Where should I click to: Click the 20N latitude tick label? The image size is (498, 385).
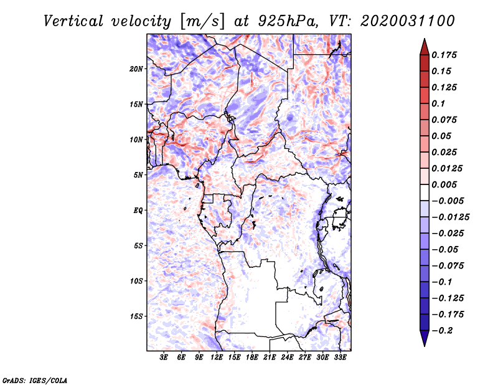click(136, 69)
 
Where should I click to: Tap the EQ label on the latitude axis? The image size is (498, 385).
click(138, 211)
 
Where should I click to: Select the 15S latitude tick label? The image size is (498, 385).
click(136, 316)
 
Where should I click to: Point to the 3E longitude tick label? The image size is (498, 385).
click(164, 358)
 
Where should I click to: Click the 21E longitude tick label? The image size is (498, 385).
click(270, 358)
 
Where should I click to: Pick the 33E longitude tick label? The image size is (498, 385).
click(340, 358)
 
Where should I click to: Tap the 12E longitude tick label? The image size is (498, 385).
click(217, 358)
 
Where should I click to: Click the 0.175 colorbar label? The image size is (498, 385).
click(444, 55)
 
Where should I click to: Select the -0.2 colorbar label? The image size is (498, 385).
click(442, 331)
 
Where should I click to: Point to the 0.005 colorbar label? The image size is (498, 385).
click(444, 184)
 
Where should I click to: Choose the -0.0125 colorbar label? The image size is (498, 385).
click(450, 217)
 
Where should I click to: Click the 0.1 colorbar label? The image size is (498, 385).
click(438, 103)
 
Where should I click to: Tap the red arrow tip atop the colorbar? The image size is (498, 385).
click(425, 39)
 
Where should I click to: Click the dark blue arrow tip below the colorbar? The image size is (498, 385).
click(425, 346)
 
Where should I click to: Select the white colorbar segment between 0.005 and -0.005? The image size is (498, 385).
click(425, 192)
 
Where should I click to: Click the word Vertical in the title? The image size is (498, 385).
click(73, 21)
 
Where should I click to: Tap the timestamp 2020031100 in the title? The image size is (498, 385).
click(408, 21)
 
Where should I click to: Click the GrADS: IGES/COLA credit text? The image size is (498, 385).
click(35, 381)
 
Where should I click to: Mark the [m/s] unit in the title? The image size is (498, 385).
click(202, 22)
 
